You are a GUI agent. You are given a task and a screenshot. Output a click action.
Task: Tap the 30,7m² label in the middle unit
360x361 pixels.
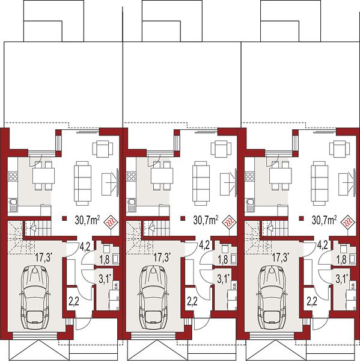tap(206, 220)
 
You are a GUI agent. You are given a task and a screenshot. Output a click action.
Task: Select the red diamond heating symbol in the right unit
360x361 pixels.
tap(348, 223)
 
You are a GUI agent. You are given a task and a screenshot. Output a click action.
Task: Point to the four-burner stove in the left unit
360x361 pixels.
tap(13, 177)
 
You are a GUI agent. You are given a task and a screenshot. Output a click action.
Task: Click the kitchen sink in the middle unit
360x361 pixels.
tap(132, 205)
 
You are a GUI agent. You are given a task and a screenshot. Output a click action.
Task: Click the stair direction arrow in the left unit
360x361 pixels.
tap(34, 229)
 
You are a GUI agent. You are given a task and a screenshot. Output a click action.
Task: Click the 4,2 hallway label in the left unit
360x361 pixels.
tap(85, 246)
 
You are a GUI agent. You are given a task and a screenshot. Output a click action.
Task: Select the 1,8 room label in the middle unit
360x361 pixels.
tap(222, 259)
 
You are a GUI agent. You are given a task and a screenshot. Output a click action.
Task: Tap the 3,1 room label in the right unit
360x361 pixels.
tap(342, 279)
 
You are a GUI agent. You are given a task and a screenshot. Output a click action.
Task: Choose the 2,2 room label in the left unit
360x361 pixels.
tap(74, 301)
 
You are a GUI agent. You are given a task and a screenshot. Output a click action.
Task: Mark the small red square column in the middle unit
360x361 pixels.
tap(183, 218)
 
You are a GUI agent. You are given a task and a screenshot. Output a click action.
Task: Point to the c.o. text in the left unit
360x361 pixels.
tap(116, 285)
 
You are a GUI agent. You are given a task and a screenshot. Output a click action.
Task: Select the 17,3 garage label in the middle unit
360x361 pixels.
tap(162, 257)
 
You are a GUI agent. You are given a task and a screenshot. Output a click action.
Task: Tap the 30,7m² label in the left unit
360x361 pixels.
tap(87, 220)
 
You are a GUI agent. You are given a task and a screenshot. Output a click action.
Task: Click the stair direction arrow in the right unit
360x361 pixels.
tap(270, 229)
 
